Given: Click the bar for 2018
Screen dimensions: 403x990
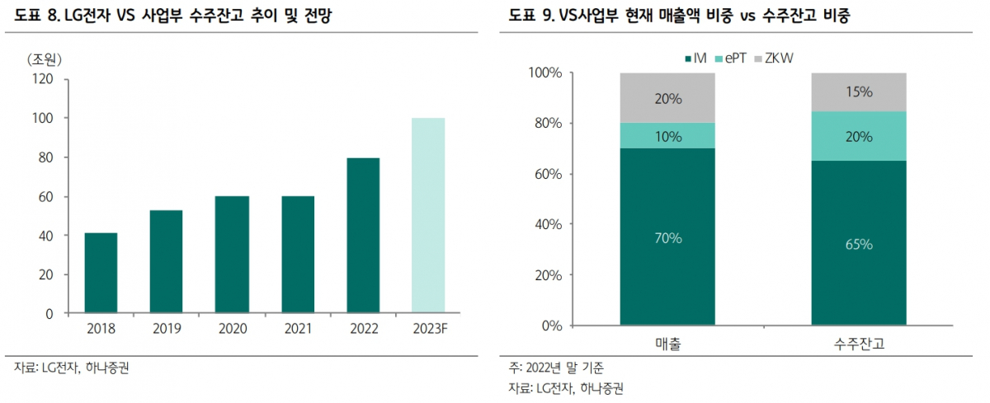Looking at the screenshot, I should click(101, 273).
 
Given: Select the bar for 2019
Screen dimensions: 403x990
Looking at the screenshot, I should click(166, 262).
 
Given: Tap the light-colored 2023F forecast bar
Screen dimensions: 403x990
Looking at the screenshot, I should click(428, 216).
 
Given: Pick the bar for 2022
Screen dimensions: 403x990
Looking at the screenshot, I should click(363, 236).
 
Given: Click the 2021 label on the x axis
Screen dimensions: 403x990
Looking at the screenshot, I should click(298, 329).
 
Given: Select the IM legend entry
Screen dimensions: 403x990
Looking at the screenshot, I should click(695, 58).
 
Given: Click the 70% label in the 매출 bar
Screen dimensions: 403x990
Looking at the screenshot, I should click(668, 238).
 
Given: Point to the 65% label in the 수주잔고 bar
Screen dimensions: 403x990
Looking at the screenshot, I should click(859, 244).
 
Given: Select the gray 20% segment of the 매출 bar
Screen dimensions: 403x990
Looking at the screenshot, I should click(668, 98).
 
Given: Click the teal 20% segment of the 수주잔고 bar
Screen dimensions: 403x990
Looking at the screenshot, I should click(859, 136).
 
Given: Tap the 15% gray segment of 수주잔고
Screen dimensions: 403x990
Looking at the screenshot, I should click(859, 91).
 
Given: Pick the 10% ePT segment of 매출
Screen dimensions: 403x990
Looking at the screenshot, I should click(668, 136).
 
